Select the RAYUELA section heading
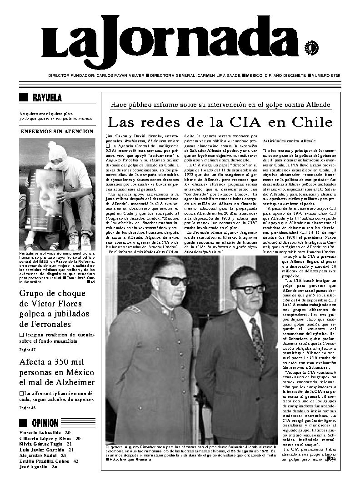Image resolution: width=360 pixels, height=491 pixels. [47, 98]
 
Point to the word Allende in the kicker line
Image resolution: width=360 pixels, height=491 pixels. [315, 105]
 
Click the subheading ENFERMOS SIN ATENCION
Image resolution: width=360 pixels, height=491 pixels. [57, 131]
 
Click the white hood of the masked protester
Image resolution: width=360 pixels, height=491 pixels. [57, 153]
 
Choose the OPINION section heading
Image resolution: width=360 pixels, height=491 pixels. [45, 423]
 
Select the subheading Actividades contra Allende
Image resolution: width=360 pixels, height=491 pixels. [285, 141]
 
